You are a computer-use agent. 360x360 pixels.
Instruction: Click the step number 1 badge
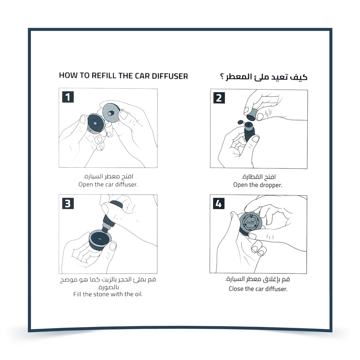pyautogui.click(x=68, y=97)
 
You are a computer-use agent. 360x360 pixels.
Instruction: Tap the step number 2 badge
pyautogui.click(x=219, y=98)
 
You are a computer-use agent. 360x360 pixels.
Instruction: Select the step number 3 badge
pyautogui.click(x=68, y=204)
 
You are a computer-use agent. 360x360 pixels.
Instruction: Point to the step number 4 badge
pyautogui.click(x=219, y=204)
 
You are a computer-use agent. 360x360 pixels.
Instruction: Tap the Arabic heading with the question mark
pyautogui.click(x=264, y=77)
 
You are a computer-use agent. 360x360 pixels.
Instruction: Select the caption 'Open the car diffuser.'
pyautogui.click(x=108, y=184)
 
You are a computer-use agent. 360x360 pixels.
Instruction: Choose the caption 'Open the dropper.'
pyautogui.click(x=258, y=185)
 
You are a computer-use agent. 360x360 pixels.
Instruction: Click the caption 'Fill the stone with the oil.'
pyautogui.click(x=108, y=294)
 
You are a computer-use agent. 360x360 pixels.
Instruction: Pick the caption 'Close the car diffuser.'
pyautogui.click(x=258, y=289)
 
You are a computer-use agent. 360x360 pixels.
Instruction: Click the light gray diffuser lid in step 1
pyautogui.click(x=111, y=112)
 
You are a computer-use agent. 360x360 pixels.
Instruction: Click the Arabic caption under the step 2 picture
pyautogui.click(x=258, y=177)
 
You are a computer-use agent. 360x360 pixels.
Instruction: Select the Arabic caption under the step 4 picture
pyautogui.click(x=257, y=280)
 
